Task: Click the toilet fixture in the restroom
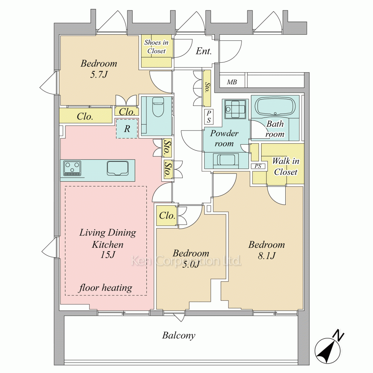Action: click(157, 107)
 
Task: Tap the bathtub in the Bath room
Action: click(275, 107)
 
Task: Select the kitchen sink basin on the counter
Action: click(117, 168)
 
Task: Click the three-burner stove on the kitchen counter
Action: click(72, 169)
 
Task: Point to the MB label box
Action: click(232, 82)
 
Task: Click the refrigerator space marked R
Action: click(127, 129)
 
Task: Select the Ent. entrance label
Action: click(204, 51)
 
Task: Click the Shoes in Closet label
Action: click(156, 47)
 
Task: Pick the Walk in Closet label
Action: click(285, 166)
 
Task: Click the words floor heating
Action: click(106, 288)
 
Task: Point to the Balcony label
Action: click(179, 335)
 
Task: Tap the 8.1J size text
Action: click(266, 256)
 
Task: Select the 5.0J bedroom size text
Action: click(191, 264)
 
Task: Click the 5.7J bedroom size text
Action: click(99, 75)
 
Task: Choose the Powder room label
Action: click(224, 138)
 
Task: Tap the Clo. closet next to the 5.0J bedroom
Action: click(167, 216)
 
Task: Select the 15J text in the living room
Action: click(108, 255)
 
